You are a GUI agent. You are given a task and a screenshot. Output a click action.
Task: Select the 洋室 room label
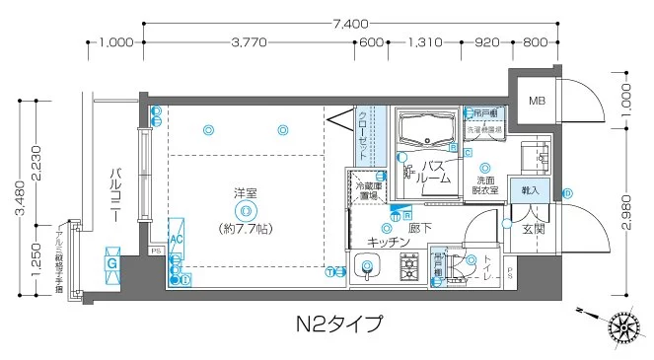tap(246, 192)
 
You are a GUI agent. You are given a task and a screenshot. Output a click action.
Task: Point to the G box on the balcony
tap(112, 263)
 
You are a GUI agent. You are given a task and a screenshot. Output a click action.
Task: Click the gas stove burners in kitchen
tap(409, 266)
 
